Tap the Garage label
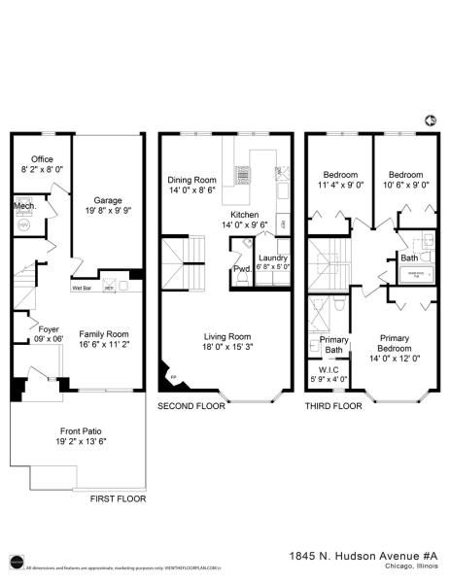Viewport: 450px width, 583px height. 107,173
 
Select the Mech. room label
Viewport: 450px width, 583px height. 24,207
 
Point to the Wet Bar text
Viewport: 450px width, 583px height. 82,288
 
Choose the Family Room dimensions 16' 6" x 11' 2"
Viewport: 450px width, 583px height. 96,344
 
